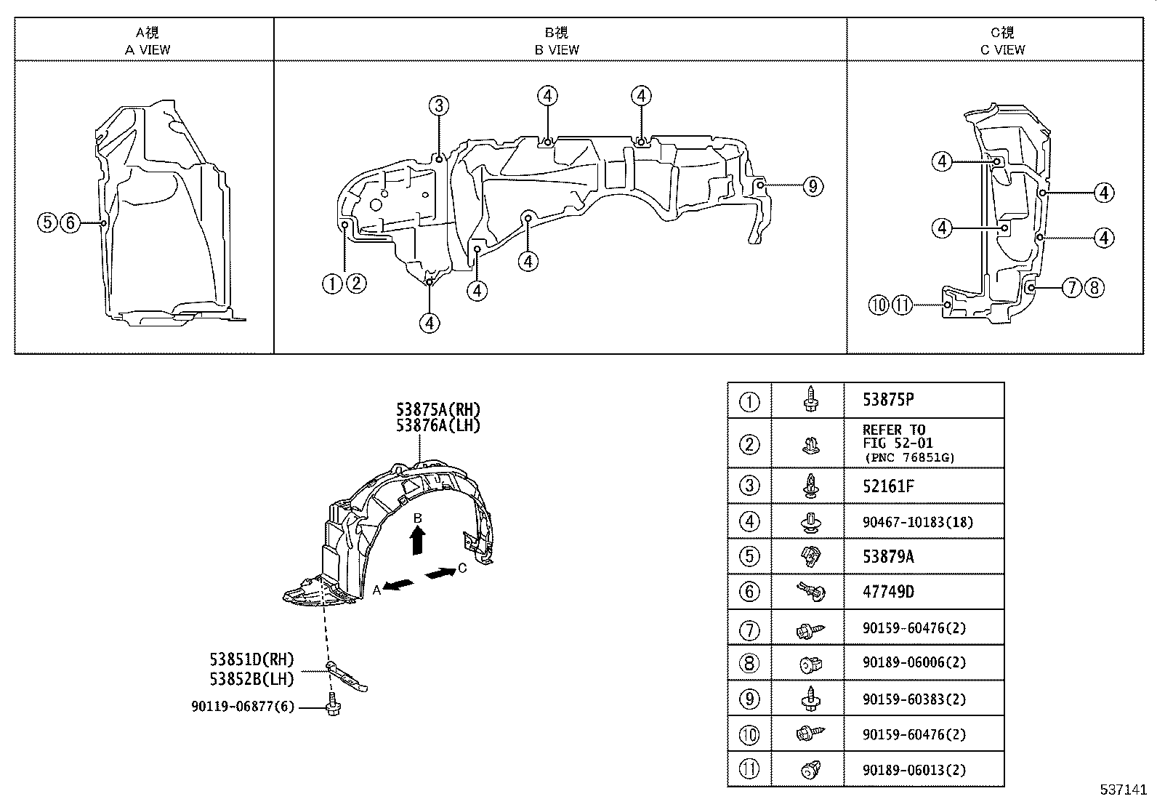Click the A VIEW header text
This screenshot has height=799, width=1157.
click(148, 49)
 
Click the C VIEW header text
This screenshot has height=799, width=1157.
click(1002, 49)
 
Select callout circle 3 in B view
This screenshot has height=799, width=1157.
click(438, 106)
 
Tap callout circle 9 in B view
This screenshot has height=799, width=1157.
click(813, 186)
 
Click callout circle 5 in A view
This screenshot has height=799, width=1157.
click(47, 222)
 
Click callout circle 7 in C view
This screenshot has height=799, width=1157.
click(1072, 288)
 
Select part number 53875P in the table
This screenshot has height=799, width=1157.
click(888, 400)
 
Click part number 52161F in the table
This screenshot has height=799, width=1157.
click(888, 486)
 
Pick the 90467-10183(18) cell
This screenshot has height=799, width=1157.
click(917, 522)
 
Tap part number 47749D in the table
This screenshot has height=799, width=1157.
click(888, 592)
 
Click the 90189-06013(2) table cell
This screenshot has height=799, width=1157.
click(914, 770)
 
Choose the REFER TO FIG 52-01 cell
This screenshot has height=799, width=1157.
click(908, 443)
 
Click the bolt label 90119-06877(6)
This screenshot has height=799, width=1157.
click(243, 706)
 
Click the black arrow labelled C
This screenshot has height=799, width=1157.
click(440, 574)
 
